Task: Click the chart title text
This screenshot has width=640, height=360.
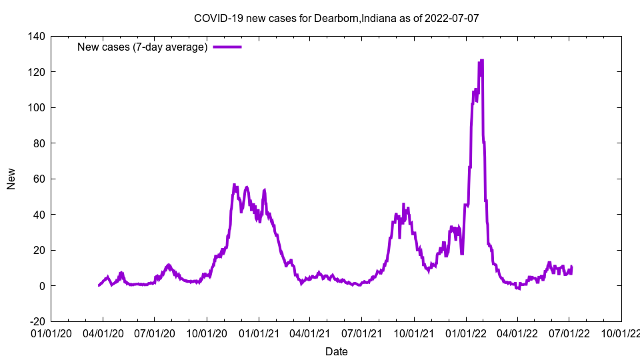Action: pyautogui.click(x=336, y=18)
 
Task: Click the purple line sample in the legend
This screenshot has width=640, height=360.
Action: pyautogui.click(x=227, y=47)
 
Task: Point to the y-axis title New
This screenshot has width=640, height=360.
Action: pyautogui.click(x=11, y=179)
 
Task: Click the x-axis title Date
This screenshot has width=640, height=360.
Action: pyautogui.click(x=336, y=351)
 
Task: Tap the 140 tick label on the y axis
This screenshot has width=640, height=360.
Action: pyautogui.click(x=37, y=36)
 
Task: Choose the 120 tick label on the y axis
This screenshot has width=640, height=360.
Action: pyautogui.click(x=37, y=72)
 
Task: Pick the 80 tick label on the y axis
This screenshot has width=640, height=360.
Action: pyautogui.click(x=39, y=143)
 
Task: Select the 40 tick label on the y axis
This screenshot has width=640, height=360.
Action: pyautogui.click(x=39, y=215)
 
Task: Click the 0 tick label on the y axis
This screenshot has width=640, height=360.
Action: pyautogui.click(x=42, y=286)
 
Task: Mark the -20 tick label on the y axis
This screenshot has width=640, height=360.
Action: pyautogui.click(x=37, y=321)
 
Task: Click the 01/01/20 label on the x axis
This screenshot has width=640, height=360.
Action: pyautogui.click(x=51, y=332)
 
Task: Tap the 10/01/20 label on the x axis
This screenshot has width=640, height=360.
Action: pyautogui.click(x=207, y=332)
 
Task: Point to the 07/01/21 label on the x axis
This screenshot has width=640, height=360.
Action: pyautogui.click(x=362, y=332)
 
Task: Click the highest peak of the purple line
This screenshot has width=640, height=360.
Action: pyautogui.click(x=481, y=61)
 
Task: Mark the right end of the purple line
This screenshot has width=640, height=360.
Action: pyautogui.click(x=571, y=267)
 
